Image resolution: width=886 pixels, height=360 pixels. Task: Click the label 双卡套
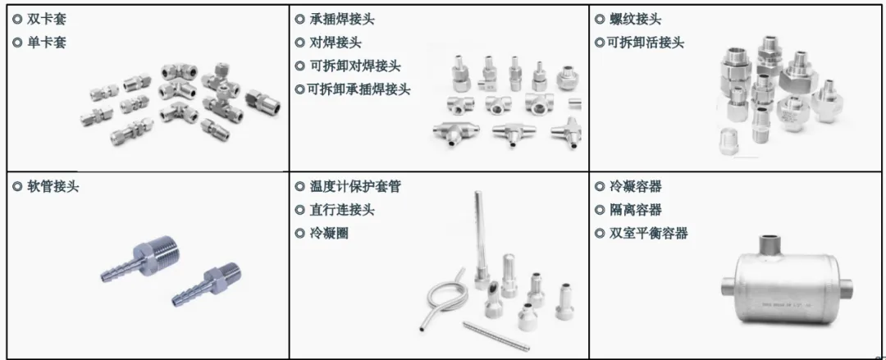click(x=46, y=19)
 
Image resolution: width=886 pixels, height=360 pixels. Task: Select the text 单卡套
click(x=46, y=43)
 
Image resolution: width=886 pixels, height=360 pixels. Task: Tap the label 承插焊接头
click(x=342, y=19)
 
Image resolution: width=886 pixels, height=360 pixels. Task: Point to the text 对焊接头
click(x=336, y=43)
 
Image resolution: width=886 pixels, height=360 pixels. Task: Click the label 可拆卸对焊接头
click(x=355, y=66)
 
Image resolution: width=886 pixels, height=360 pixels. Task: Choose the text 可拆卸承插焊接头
click(x=359, y=89)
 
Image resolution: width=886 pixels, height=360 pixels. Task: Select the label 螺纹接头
click(x=635, y=19)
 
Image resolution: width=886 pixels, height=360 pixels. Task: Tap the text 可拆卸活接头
click(x=645, y=43)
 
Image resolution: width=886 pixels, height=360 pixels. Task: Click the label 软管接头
click(x=53, y=186)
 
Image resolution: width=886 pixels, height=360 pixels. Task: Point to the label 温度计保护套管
click(x=355, y=186)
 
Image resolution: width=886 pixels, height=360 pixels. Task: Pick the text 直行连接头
click(x=342, y=210)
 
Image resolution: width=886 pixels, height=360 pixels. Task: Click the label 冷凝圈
click(x=329, y=233)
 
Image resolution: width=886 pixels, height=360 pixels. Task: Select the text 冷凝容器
click(x=635, y=186)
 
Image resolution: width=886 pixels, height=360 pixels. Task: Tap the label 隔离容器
click(x=635, y=210)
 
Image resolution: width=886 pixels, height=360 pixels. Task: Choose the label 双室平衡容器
click(x=648, y=233)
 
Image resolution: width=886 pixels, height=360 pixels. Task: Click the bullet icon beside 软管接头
click(x=17, y=186)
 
